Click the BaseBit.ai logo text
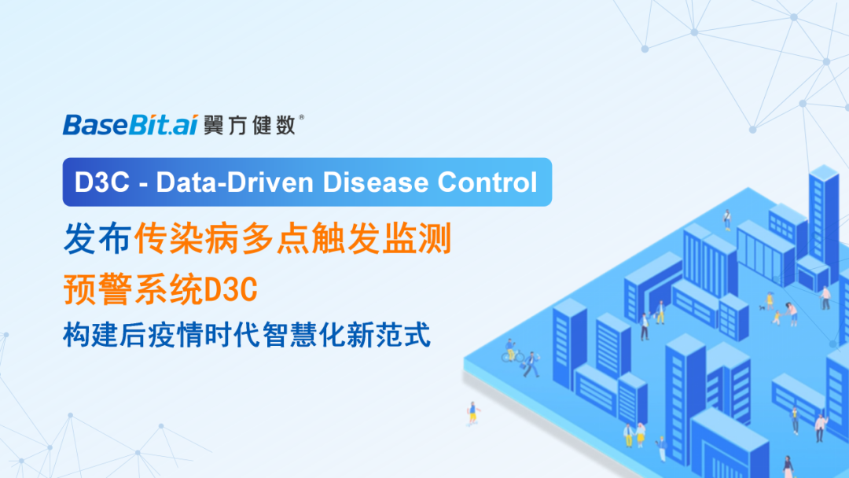click(130, 125)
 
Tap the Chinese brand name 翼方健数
click(249, 125)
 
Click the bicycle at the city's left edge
click(511, 355)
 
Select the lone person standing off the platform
click(472, 413)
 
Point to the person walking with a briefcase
click(532, 364)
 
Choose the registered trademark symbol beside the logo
click(303, 117)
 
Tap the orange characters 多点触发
click(326, 238)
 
